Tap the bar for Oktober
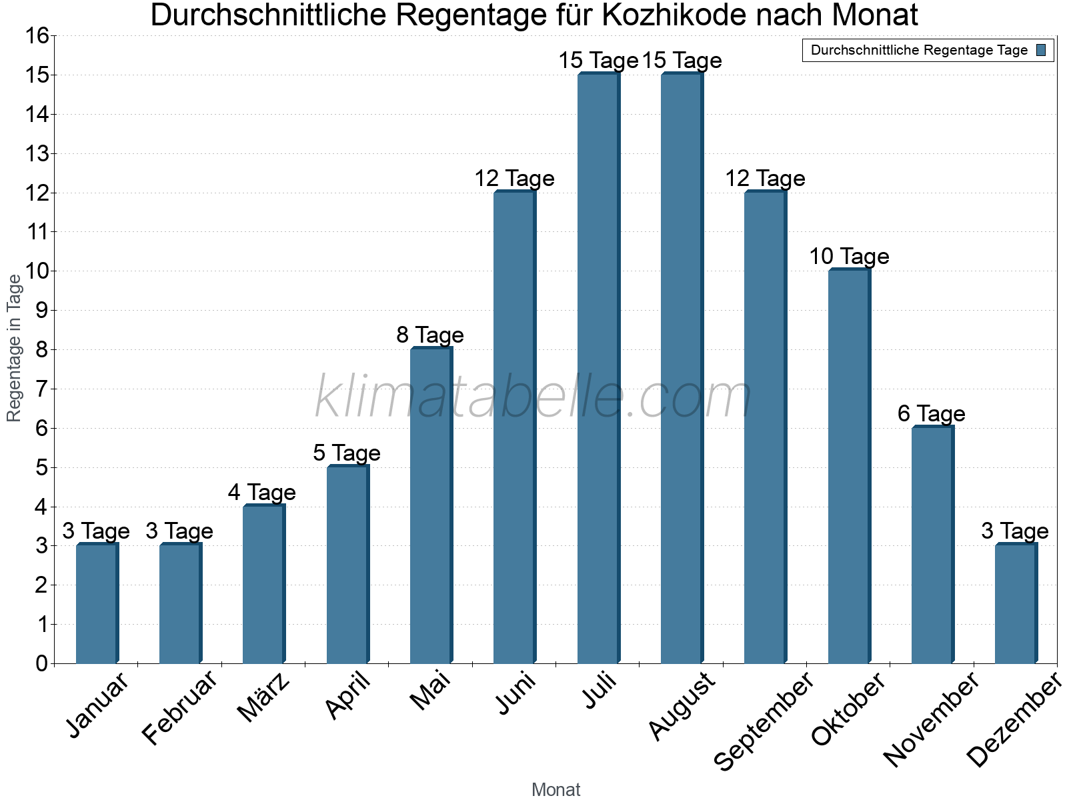pyautogui.click(x=849, y=466)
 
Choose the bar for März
pyautogui.click(x=263, y=584)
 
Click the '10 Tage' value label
pyautogui.click(x=849, y=257)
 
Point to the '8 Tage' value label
pyautogui.click(x=430, y=335)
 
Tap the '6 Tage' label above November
pyautogui.click(x=932, y=413)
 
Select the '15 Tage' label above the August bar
pyautogui.click(x=682, y=61)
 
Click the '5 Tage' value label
pyautogui.click(x=347, y=453)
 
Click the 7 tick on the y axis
pyautogui.click(x=42, y=389)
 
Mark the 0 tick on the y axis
pyautogui.click(x=42, y=663)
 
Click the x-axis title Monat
pyautogui.click(x=556, y=789)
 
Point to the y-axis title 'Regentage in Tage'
pyautogui.click(x=15, y=348)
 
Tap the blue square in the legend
pyautogui.click(x=1041, y=50)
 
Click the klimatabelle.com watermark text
pyautogui.click(x=533, y=397)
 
